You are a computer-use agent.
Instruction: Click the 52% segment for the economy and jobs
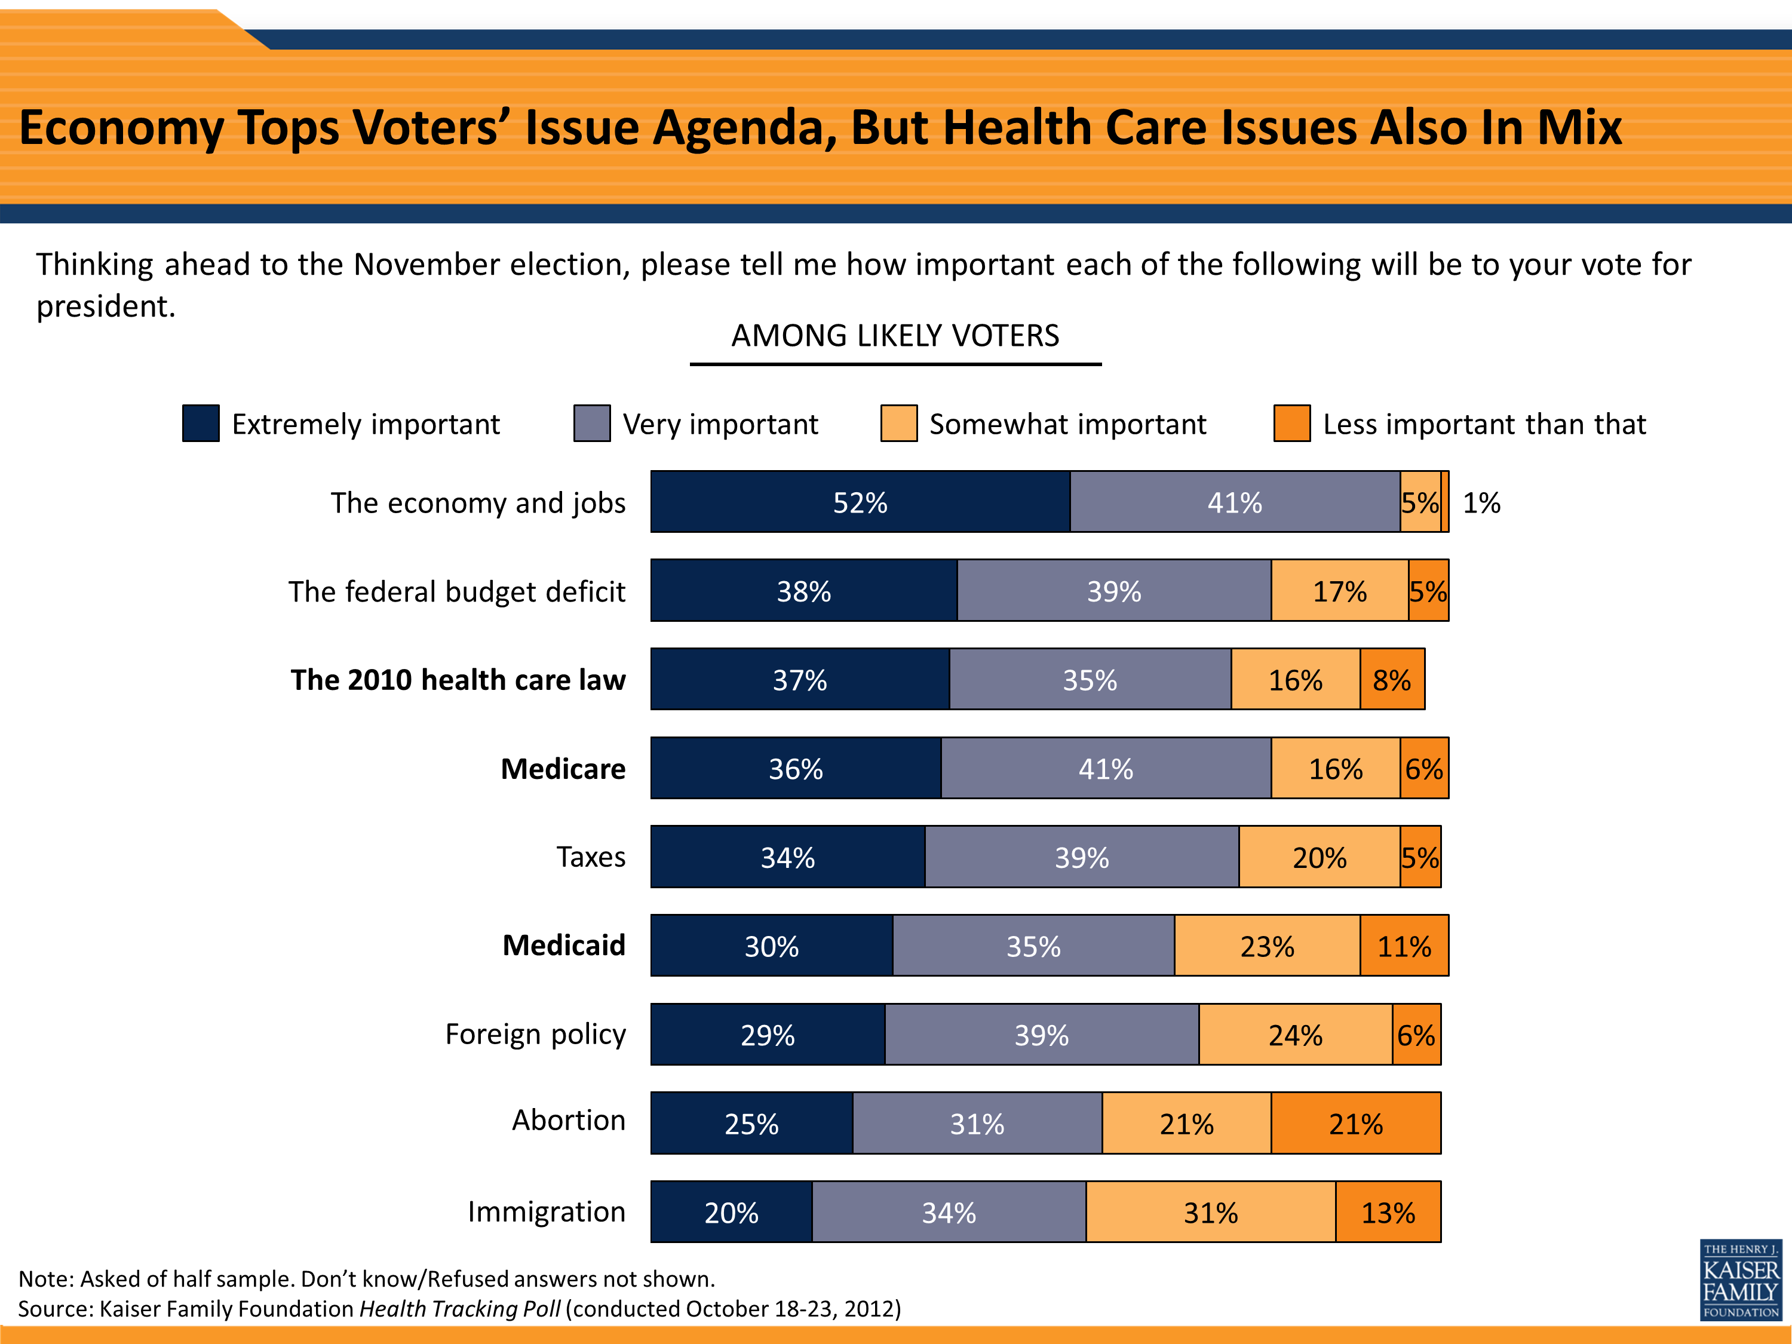pos(860,502)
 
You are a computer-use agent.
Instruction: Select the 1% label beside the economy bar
pos(1481,503)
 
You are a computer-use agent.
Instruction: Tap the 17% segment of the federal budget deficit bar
pos(1340,591)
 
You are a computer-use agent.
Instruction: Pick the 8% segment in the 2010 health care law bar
pos(1392,680)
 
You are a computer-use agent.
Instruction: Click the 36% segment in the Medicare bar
pos(796,768)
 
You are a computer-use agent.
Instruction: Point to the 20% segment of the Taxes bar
pos(1319,857)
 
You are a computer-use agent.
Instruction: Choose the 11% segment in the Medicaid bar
pos(1404,946)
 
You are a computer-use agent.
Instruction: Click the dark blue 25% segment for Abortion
pos(751,1124)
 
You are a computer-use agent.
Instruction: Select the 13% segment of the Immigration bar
pos(1388,1212)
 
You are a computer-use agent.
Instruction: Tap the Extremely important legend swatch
pos(201,423)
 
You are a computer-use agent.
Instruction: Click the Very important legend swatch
pos(591,423)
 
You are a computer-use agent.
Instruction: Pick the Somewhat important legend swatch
pos(898,423)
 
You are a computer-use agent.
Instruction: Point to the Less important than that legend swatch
pos(1291,423)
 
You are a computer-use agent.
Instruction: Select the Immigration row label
pos(546,1212)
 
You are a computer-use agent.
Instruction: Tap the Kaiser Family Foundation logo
pos(1740,1280)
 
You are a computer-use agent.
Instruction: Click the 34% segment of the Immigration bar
pos(949,1212)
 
